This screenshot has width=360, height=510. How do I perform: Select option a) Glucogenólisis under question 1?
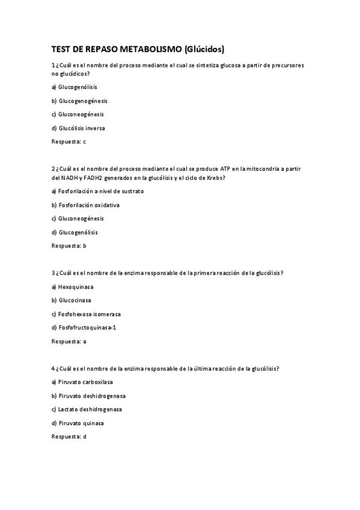pyautogui.click(x=75, y=87)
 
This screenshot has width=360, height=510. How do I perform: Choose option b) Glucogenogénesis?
pyautogui.click(x=79, y=101)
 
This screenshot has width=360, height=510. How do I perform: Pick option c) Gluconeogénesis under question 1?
pyautogui.click(x=78, y=114)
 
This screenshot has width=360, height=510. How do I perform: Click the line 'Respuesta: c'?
pyautogui.click(x=69, y=142)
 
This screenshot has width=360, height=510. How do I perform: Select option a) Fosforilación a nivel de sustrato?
pyautogui.click(x=98, y=191)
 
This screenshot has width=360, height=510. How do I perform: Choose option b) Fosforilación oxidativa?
pyautogui.click(x=85, y=205)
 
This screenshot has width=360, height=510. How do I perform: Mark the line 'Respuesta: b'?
pyautogui.click(x=69, y=246)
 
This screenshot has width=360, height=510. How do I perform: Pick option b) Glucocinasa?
pyautogui.click(x=72, y=300)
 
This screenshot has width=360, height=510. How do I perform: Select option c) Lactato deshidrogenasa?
pyautogui.click(x=87, y=410)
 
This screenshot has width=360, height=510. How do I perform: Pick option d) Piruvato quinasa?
pyautogui.click(x=78, y=423)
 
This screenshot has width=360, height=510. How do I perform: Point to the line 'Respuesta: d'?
pyautogui.click(x=69, y=437)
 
